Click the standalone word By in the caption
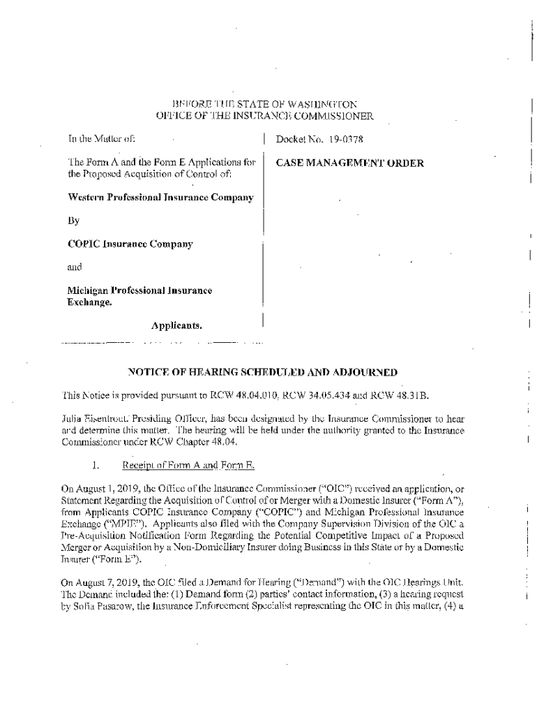pos(73,221)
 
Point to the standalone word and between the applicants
pos(74,267)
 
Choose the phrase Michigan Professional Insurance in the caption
pos(139,290)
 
